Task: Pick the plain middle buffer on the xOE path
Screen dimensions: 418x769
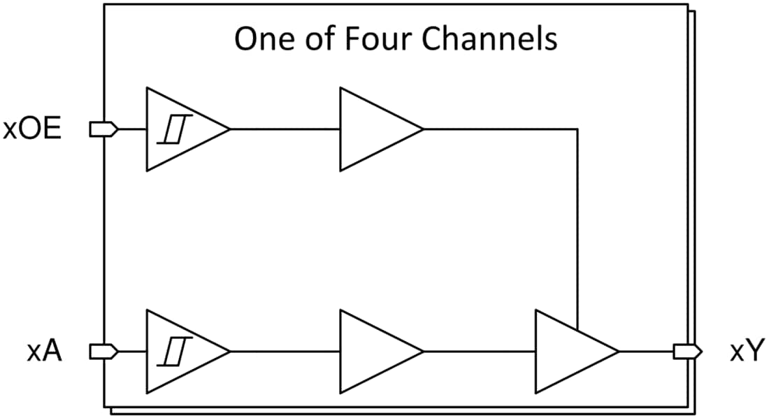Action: point(374,129)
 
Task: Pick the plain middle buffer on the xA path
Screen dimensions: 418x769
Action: point(374,352)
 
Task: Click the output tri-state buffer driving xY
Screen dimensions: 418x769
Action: point(570,352)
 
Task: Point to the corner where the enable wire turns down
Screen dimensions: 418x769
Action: point(577,129)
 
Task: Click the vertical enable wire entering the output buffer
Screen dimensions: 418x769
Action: point(577,231)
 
